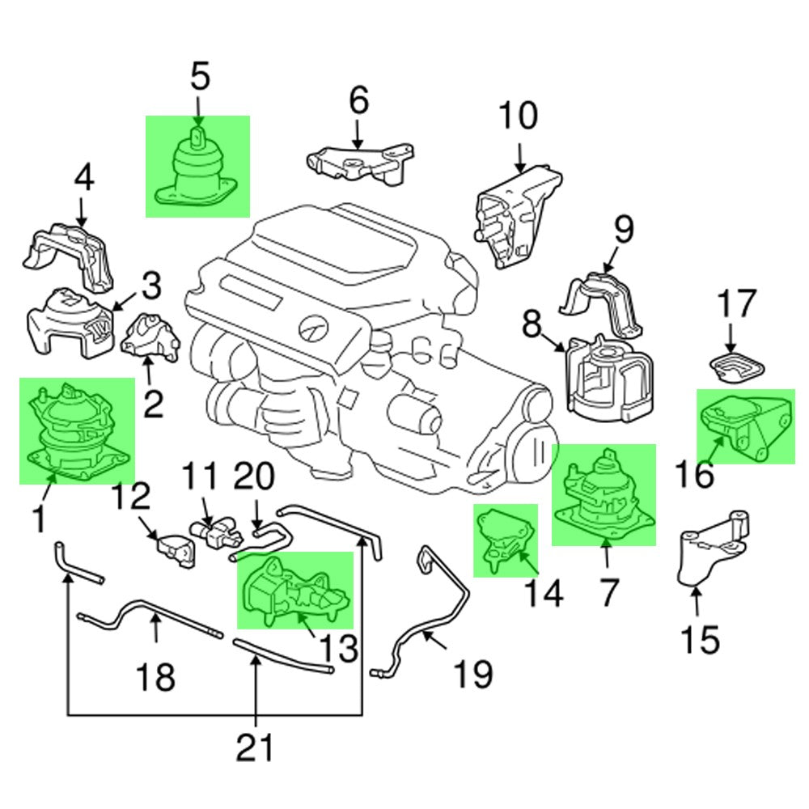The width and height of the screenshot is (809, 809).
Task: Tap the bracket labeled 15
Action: click(x=709, y=553)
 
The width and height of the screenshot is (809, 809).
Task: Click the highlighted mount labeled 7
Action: click(x=604, y=495)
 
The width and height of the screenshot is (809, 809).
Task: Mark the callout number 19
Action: click(x=472, y=671)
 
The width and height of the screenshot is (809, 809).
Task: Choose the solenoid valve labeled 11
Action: click(x=213, y=532)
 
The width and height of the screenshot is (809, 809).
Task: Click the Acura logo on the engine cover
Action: click(x=311, y=328)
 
